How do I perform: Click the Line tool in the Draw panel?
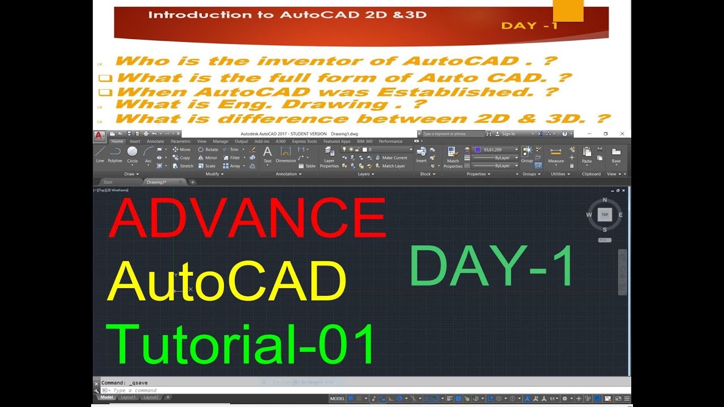[100, 153]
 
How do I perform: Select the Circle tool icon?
[132, 153]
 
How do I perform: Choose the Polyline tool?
[115, 153]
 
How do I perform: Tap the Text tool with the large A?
[268, 154]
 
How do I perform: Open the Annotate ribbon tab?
[155, 141]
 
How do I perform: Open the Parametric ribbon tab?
[180, 141]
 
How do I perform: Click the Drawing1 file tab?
[157, 182]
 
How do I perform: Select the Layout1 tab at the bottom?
[128, 397]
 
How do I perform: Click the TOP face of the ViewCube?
[605, 215]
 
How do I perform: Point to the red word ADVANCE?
[247, 217]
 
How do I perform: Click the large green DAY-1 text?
[492, 266]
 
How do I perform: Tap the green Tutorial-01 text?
[241, 344]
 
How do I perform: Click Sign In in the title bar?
[508, 134]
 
